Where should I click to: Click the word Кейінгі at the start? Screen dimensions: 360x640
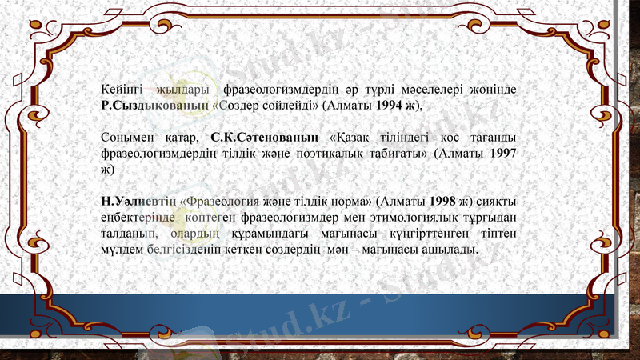tap(122, 87)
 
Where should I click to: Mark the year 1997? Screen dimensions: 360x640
tap(502, 154)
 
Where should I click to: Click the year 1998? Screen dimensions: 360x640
tap(442, 201)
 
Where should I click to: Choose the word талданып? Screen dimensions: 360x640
tap(129, 234)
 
